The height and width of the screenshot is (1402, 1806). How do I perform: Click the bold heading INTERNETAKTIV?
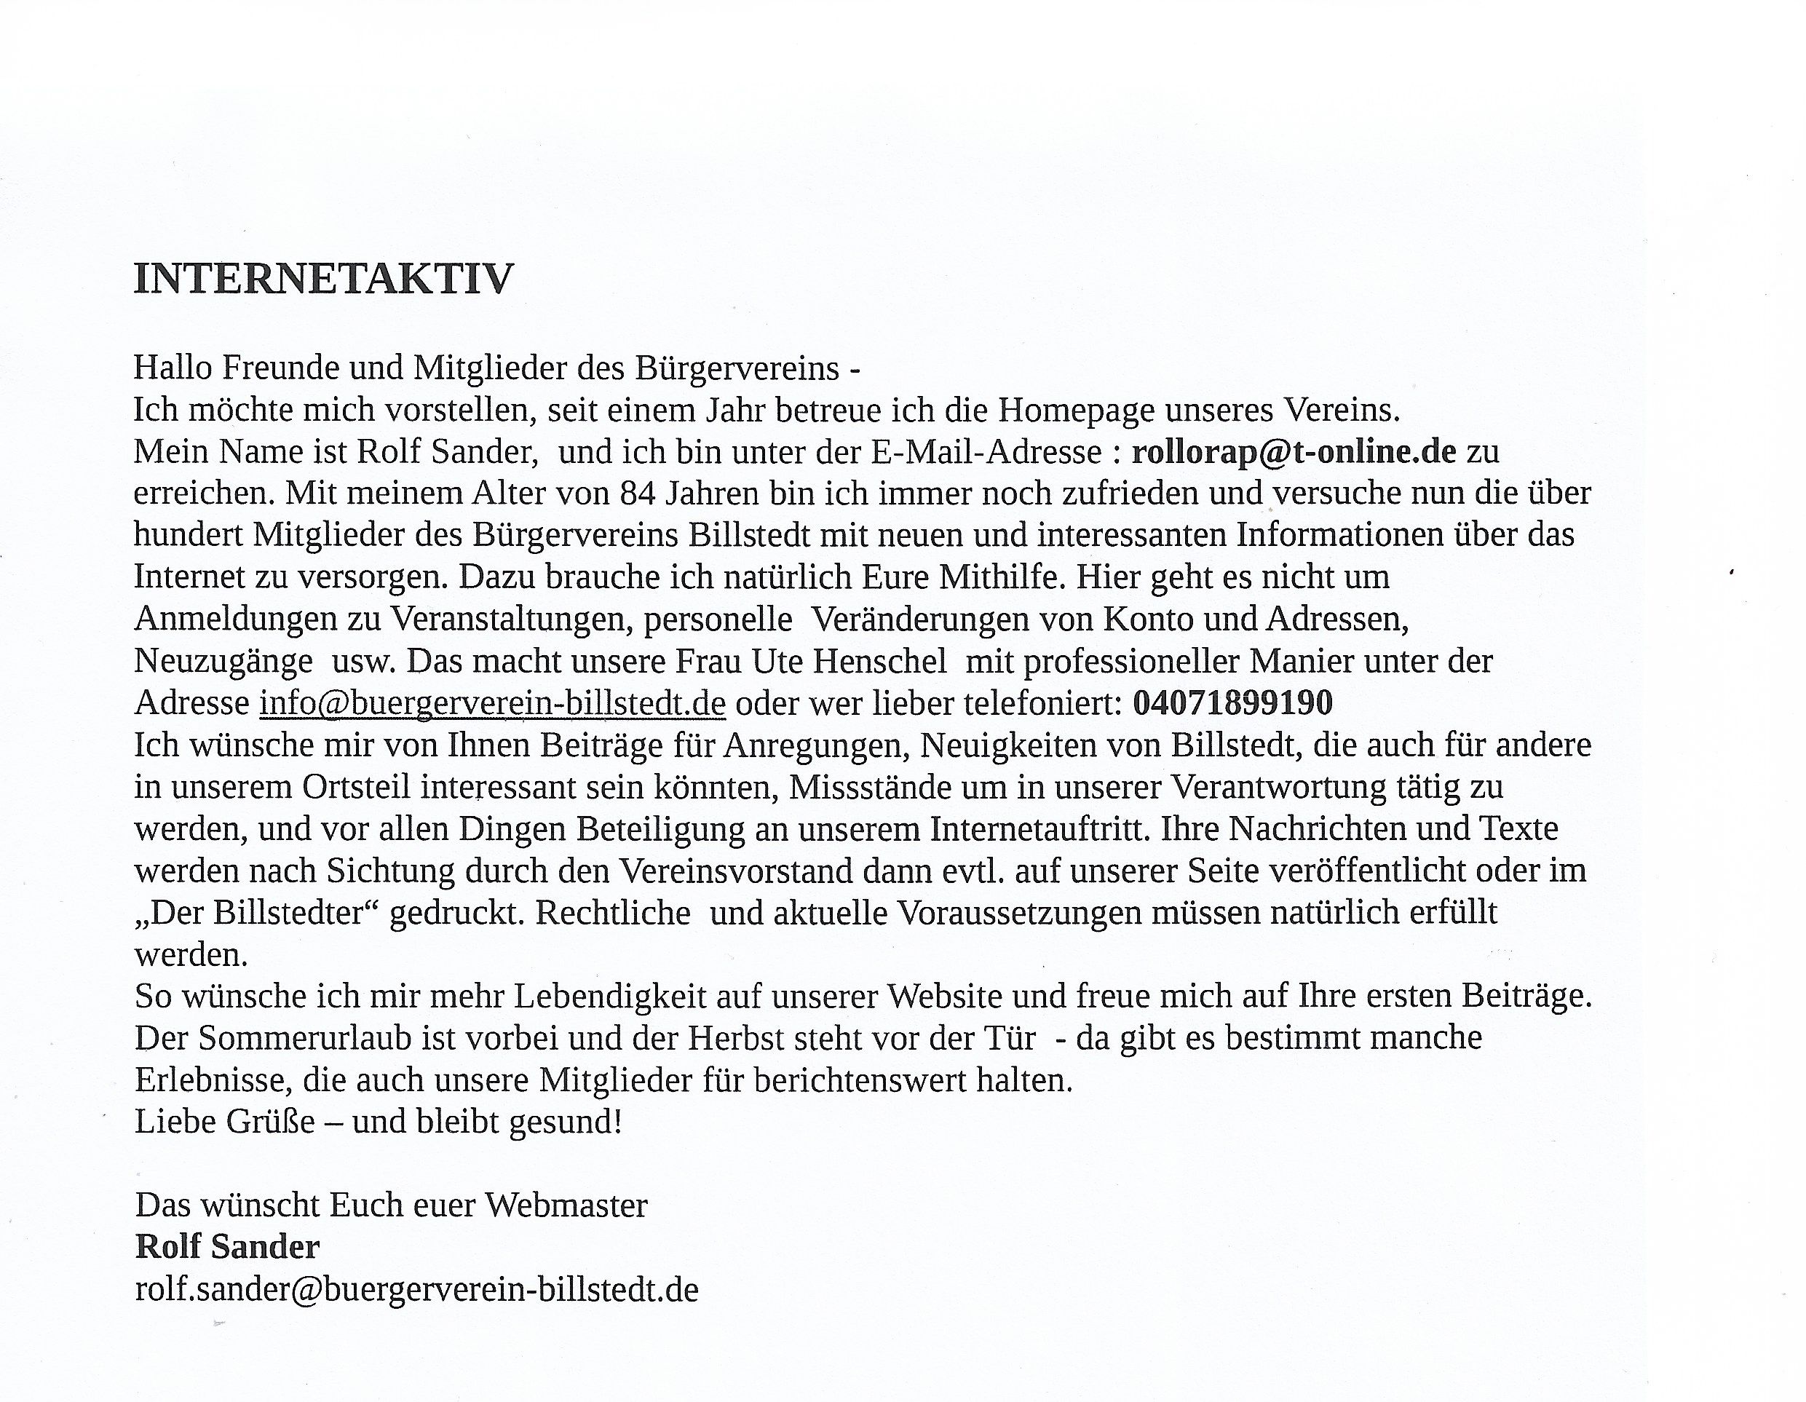coord(323,279)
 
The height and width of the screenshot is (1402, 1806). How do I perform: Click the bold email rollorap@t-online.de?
coord(1294,451)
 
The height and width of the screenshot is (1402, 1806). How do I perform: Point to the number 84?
coord(638,494)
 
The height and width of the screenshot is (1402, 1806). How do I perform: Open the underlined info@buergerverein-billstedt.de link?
coord(492,703)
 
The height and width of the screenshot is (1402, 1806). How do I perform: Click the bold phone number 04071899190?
coord(1232,703)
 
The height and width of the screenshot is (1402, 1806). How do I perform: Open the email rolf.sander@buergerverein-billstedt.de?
coord(417,1289)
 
